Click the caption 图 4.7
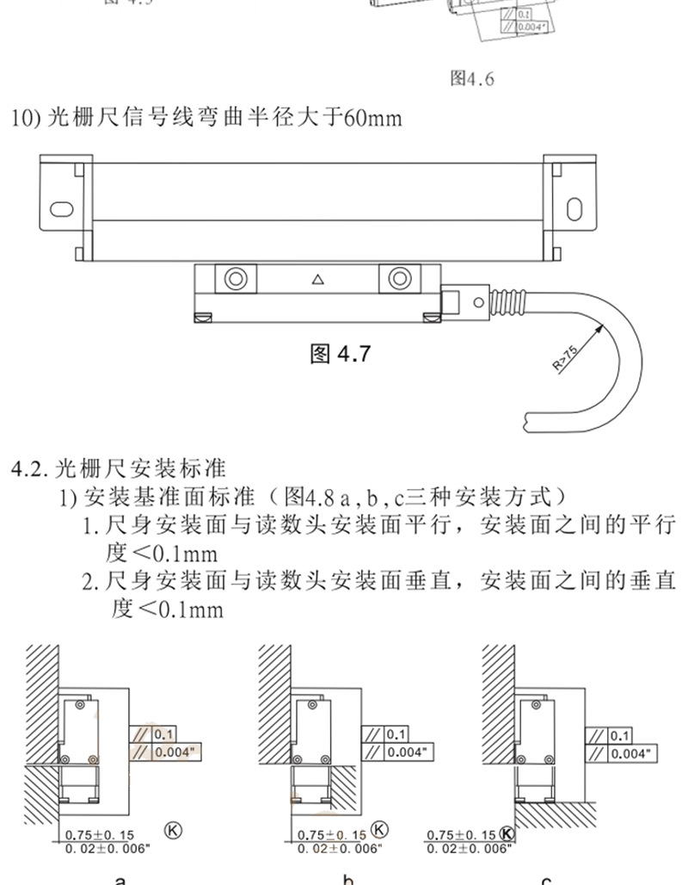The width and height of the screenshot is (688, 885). pyautogui.click(x=339, y=353)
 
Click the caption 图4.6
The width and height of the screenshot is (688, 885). pyautogui.click(x=472, y=79)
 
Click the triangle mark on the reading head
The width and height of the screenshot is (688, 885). pyautogui.click(x=318, y=279)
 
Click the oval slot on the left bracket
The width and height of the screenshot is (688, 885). pyautogui.click(x=62, y=207)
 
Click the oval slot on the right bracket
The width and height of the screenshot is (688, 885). pyautogui.click(x=574, y=207)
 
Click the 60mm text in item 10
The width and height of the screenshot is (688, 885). pyautogui.click(x=372, y=117)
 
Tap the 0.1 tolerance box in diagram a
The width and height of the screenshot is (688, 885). pyautogui.click(x=164, y=734)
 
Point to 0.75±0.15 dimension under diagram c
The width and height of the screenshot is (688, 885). pyautogui.click(x=462, y=834)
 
